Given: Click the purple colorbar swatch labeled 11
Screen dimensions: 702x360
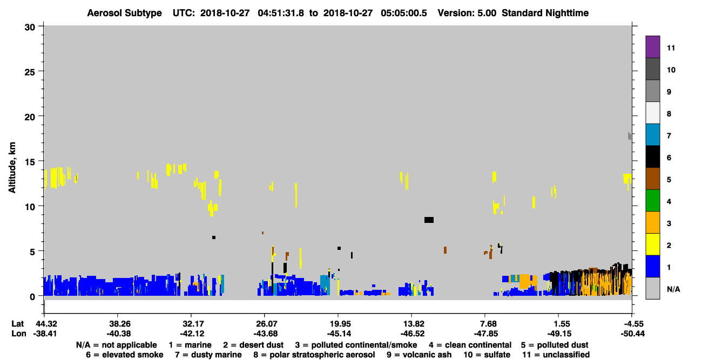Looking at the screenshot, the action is point(652,46).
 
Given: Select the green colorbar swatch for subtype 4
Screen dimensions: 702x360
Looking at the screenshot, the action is point(652,201).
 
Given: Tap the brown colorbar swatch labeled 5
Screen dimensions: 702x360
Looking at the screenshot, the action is point(652,179).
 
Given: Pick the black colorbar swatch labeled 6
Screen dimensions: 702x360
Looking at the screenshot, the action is point(652,157).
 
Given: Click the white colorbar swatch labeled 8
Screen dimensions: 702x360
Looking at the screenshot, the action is point(652,113).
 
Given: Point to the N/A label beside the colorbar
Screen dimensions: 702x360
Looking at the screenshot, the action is point(673,289).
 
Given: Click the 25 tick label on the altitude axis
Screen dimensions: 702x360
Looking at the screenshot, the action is point(30,72).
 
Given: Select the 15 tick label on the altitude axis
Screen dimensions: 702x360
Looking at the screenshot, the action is point(30,162).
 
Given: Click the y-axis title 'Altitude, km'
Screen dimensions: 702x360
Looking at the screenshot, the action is point(12,167).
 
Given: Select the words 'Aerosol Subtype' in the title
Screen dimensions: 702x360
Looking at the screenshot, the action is point(124,13).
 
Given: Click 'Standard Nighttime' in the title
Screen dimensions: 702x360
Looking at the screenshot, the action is point(545,13).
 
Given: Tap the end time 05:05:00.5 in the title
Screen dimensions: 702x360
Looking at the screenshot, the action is point(404,13).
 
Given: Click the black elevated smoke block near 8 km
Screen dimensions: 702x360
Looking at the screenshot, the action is point(429,220).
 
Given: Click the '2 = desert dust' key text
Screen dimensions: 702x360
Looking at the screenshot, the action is point(253,345).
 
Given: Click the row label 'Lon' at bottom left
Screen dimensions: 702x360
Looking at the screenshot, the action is point(19,334).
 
